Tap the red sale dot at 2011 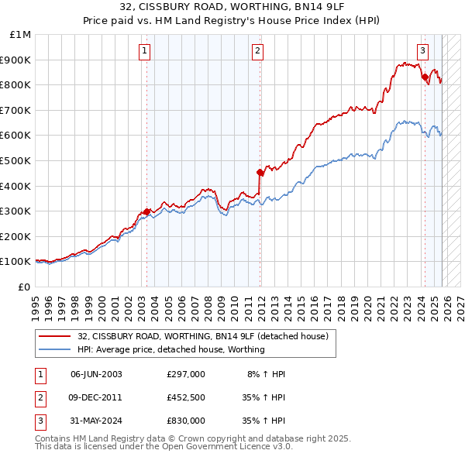pos(260,173)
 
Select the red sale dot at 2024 pos(425,77)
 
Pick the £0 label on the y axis pos(25,287)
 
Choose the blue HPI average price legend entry pos(170,349)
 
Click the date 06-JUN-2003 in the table pos(96,374)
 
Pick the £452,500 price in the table pos(186,397)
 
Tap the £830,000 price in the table pos(186,421)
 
